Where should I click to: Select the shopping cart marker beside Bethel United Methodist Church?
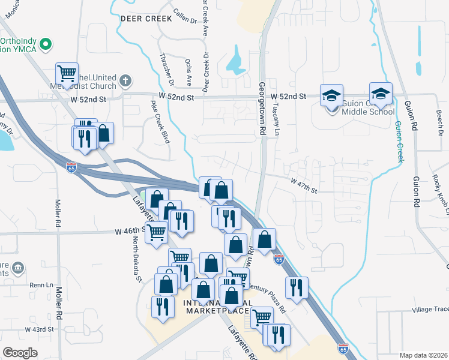pyautogui.click(x=67, y=74)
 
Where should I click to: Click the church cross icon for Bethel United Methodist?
pyautogui.click(x=125, y=80)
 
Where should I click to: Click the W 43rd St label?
pyautogui.click(x=39, y=329)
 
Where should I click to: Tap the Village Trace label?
pyautogui.click(x=430, y=310)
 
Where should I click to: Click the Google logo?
pyautogui.click(x=20, y=353)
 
